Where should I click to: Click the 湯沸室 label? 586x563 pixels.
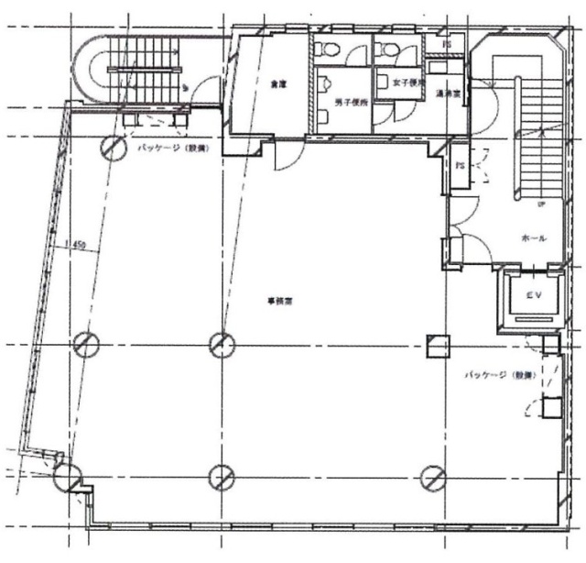coord(448,93)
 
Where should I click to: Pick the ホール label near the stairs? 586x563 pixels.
coord(534,237)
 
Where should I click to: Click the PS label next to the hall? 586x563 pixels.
coord(460,165)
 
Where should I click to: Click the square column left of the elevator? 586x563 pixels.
coord(439,346)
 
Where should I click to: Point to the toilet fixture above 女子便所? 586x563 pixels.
coord(390,50)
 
